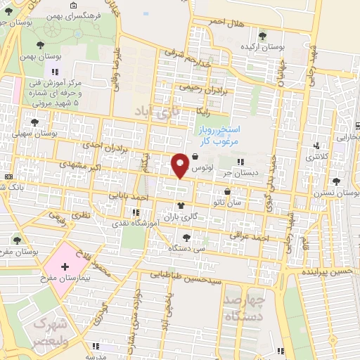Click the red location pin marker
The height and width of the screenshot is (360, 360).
click(180, 165)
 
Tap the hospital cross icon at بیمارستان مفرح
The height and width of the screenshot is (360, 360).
click(65, 267)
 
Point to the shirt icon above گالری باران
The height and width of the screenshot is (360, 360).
click(181, 207)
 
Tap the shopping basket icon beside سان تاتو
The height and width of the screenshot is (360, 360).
click(226, 191)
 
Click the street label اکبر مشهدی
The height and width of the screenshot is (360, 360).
click(95, 169)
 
